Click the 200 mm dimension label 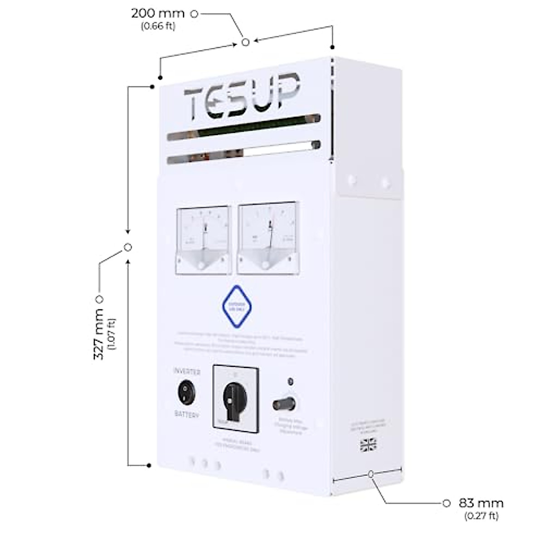click(158, 14)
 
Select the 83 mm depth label click(481, 503)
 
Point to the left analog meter click(204, 240)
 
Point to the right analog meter click(267, 239)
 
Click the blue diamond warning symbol click(237, 306)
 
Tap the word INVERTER click(187, 372)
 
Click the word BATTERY click(187, 414)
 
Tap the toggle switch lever click(283, 403)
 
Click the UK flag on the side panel click(368, 445)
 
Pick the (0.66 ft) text click(158, 26)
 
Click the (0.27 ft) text click(481, 515)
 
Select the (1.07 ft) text click(112, 335)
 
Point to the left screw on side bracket click(351, 180)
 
